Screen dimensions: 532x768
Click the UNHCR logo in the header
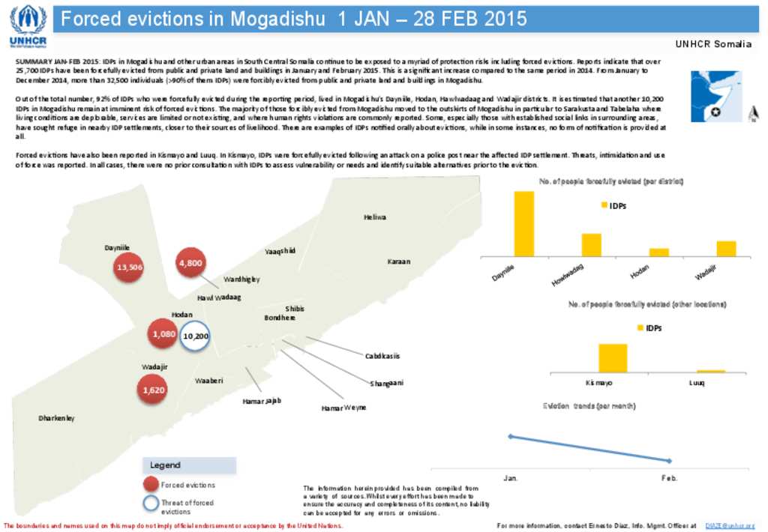(x=27, y=25)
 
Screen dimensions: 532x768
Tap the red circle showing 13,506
(x=129, y=267)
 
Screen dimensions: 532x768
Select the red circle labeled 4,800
(x=190, y=263)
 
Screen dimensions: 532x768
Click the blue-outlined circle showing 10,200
(x=195, y=336)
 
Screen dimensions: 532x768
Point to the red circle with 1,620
(x=151, y=390)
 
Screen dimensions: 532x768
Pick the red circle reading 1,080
(x=163, y=334)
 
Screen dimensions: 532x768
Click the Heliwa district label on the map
(x=375, y=217)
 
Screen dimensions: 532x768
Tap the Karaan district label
(x=399, y=262)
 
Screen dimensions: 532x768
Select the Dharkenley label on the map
(x=57, y=418)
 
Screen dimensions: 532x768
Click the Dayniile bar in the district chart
(x=523, y=224)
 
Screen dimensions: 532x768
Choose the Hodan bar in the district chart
(x=658, y=253)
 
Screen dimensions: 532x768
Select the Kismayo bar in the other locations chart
(x=613, y=357)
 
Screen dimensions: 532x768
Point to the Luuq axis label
(x=697, y=383)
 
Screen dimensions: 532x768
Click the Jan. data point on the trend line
(x=510, y=436)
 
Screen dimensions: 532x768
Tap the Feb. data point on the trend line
(x=670, y=461)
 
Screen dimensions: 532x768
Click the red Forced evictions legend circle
(x=151, y=485)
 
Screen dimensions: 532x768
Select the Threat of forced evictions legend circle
(x=151, y=505)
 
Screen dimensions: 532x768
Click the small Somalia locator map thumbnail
(x=716, y=97)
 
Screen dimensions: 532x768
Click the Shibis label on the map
(x=295, y=309)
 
